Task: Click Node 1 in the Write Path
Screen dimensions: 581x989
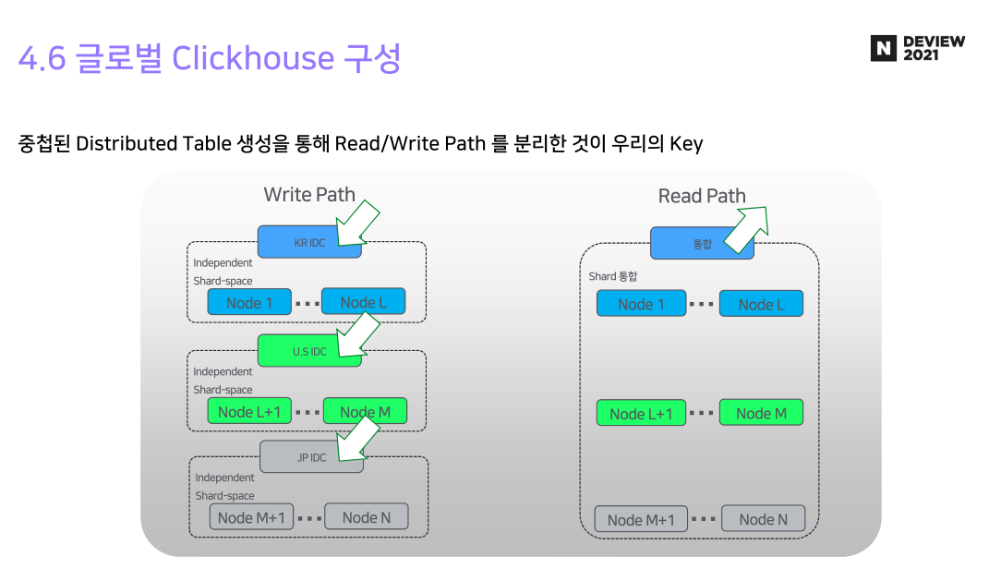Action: pos(249,302)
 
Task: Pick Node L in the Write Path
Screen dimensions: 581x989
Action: pos(363,302)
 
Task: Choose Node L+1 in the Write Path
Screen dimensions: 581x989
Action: pos(249,412)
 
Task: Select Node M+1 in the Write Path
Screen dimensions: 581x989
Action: pos(251,517)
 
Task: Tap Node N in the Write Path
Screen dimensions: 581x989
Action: pos(366,517)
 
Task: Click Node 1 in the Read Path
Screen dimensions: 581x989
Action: pos(641,304)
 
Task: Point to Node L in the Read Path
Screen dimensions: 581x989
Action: pos(761,304)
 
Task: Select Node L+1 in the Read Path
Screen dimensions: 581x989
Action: pos(641,413)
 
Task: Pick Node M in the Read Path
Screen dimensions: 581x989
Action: pos(761,413)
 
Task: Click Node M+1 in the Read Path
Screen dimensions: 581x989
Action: pos(641,519)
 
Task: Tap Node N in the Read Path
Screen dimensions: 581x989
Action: pos(763,519)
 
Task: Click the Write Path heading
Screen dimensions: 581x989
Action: pos(309,195)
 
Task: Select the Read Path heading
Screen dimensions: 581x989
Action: pos(701,196)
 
